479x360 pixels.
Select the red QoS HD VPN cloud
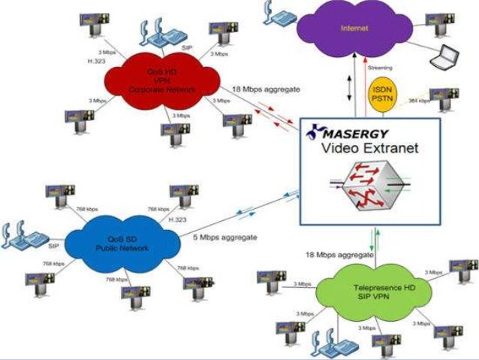point(161,83)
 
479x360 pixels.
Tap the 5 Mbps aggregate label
point(226,237)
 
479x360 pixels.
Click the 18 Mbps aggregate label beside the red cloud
point(267,89)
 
